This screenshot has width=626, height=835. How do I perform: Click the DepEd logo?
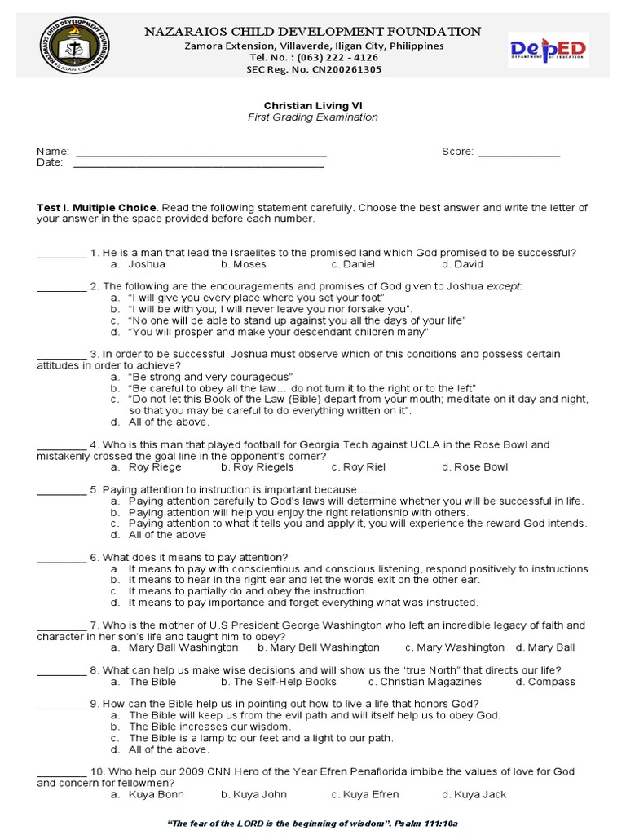point(547,50)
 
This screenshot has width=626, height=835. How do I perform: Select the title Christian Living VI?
point(313,106)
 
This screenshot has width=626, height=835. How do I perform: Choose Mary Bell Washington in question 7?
point(319,647)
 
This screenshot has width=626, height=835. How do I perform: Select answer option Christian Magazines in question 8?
point(425,682)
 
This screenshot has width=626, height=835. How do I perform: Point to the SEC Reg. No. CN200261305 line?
point(313,69)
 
